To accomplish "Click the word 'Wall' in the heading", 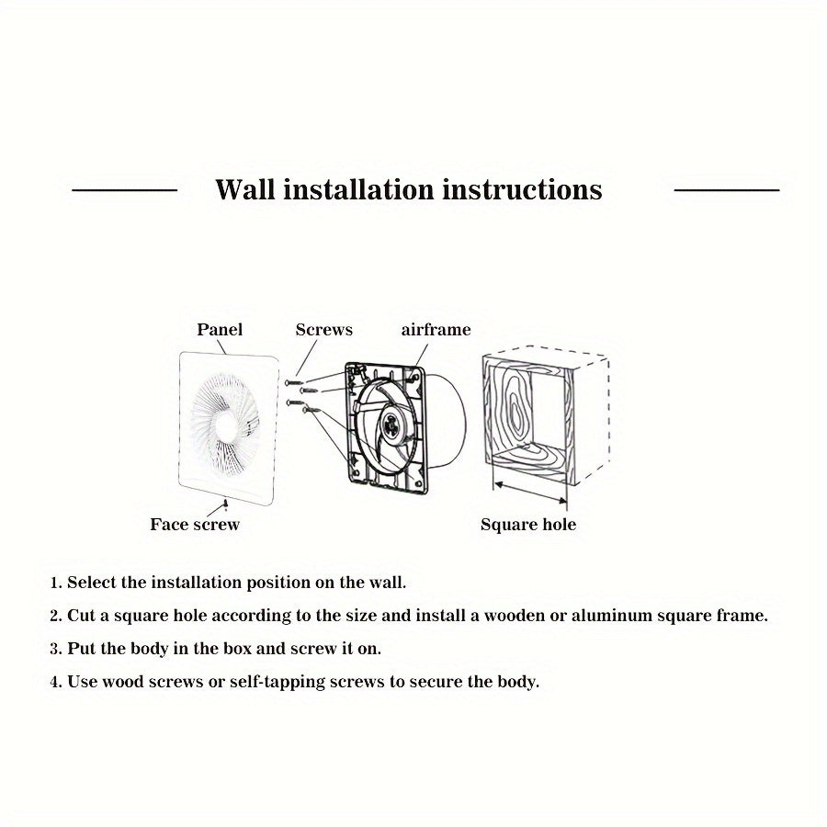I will point(244,189).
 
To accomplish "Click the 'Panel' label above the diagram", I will point(220,329).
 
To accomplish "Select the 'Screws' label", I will point(323,329).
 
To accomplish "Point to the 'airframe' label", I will point(436,329).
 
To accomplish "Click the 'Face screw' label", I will point(195,525).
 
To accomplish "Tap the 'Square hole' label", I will point(528,525).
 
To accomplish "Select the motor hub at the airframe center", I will point(393,425).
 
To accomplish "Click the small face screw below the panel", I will point(225,504).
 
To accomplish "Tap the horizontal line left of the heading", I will point(124,190).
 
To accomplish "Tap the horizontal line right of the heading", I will point(727,190).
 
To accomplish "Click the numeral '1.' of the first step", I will point(56,583).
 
